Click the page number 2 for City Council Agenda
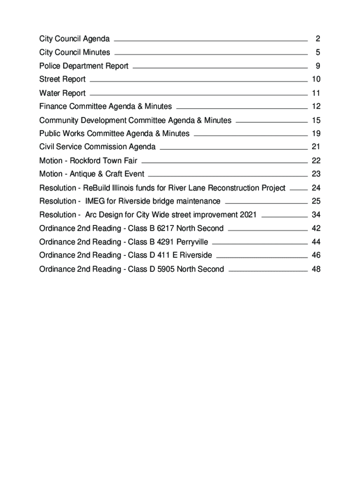[317, 38]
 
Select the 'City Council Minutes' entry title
[75, 52]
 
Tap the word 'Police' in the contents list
[49, 66]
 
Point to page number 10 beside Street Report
[316, 79]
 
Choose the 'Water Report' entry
[62, 93]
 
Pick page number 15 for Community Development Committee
[316, 120]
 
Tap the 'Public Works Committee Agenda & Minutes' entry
[115, 133]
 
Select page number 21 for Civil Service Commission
[316, 147]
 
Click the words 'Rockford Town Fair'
[104, 160]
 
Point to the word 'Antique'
[82, 174]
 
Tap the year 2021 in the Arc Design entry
[248, 215]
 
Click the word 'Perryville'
[192, 242]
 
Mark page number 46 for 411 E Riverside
[316, 255]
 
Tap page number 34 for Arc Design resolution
[316, 215]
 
